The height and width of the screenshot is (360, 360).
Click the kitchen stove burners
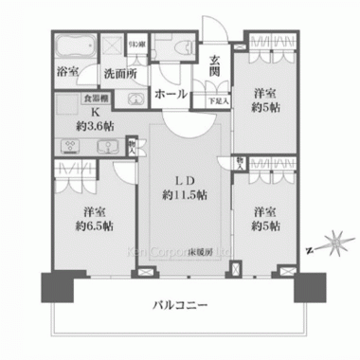pos(69,146)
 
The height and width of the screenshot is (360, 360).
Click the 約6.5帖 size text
pos(94,225)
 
